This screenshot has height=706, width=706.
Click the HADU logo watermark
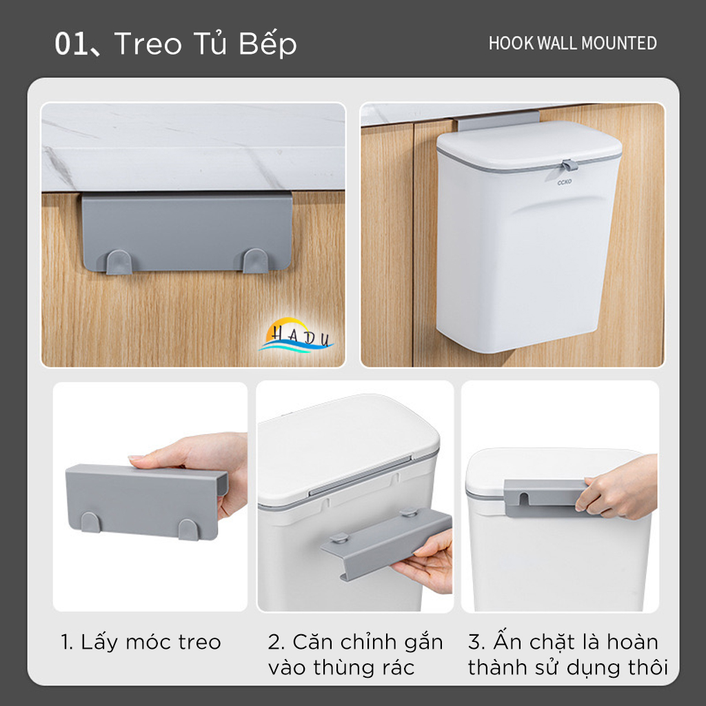(296, 336)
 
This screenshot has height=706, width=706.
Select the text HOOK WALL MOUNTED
(572, 43)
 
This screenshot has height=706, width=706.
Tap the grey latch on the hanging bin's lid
(568, 166)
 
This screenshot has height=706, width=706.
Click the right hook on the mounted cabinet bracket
(255, 260)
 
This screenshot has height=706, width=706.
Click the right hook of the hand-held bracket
(188, 529)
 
